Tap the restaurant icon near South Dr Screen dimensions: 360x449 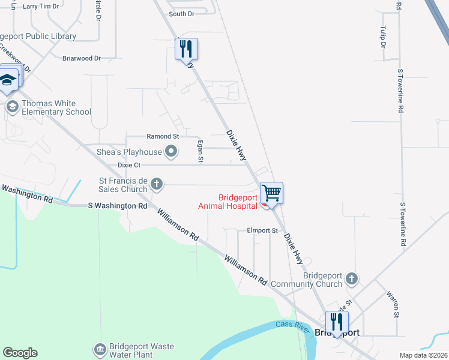click(x=186, y=48)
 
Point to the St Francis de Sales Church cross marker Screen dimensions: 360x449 click(x=156, y=184)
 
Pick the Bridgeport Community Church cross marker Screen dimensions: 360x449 click(x=352, y=278)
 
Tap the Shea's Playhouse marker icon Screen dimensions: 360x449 click(x=171, y=152)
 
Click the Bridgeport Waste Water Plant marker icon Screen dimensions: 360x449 click(x=99, y=349)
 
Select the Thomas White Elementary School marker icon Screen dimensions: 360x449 click(x=12, y=107)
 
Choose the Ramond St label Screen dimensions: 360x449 click(x=163, y=137)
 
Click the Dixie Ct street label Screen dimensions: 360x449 click(x=129, y=164)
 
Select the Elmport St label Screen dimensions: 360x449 click(x=263, y=230)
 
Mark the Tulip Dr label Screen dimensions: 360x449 click(x=382, y=36)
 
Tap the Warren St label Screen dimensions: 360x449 click(x=394, y=305)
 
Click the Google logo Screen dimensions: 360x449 click(x=20, y=353)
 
